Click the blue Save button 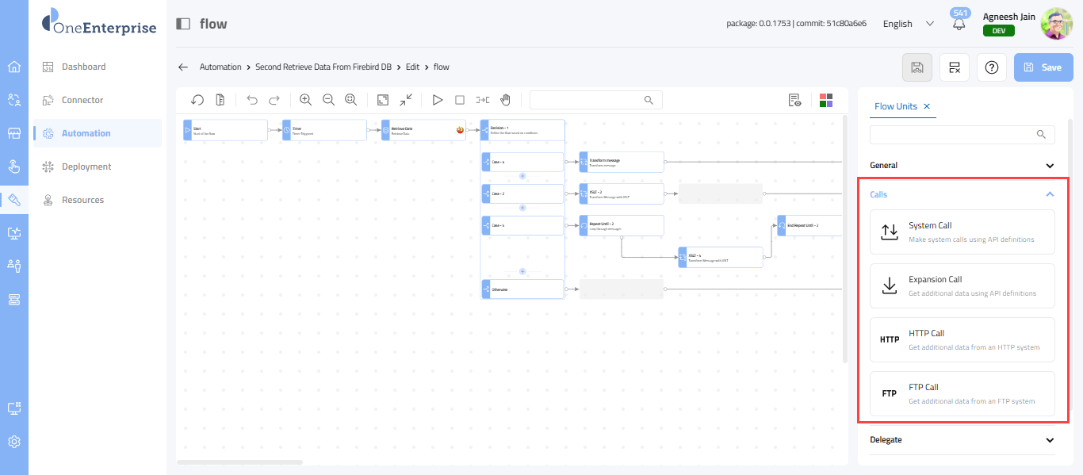1043,67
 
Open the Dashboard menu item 83,67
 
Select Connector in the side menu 82,100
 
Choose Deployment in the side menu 86,167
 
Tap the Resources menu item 82,200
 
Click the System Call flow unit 962,232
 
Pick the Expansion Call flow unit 962,285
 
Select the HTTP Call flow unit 962,339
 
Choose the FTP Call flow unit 962,393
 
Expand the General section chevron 1050,166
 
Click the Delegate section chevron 1050,440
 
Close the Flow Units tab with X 927,106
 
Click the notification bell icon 959,25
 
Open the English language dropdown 908,24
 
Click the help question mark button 991,67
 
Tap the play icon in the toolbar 437,100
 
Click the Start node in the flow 225,130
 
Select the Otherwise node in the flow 523,289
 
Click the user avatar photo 1056,24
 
